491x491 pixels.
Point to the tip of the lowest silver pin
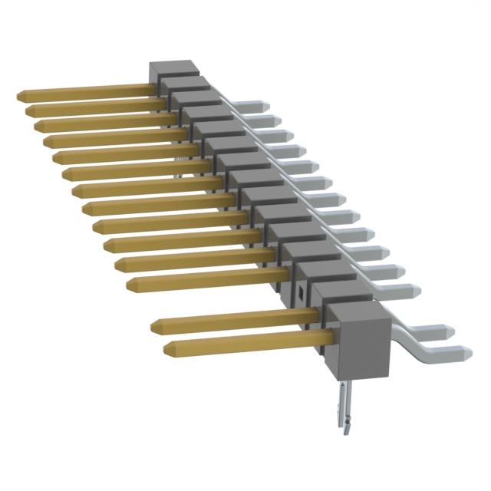[466, 352]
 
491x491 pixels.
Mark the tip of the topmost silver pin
[265, 105]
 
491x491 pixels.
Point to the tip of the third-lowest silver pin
[418, 290]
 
